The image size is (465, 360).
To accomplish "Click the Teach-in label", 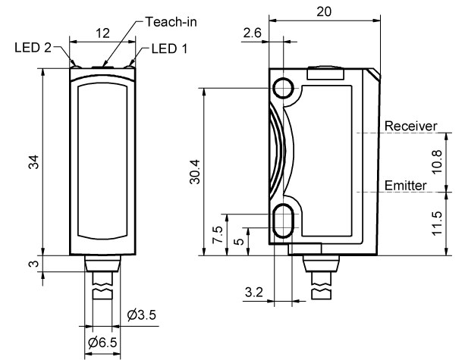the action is tap(171, 22).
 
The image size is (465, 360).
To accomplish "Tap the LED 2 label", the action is tap(33, 48).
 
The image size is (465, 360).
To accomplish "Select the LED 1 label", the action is tap(169, 49).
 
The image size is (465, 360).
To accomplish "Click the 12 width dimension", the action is tap(102, 33).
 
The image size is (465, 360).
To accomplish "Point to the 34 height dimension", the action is tap(34, 161).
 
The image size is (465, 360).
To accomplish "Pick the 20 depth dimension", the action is tap(324, 11).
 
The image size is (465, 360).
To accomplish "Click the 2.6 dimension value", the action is tap(252, 33).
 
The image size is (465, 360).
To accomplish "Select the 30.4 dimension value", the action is tap(195, 172).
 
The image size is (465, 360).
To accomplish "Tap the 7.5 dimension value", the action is tap(218, 235).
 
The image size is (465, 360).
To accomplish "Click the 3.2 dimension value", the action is tap(254, 293).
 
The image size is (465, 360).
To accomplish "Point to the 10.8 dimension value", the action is tap(437, 162).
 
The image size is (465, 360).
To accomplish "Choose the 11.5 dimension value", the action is tap(437, 224).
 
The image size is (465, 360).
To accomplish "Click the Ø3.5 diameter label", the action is tap(141, 315).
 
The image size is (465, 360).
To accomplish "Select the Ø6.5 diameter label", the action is tap(102, 343).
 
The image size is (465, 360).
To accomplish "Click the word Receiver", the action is tap(410, 127).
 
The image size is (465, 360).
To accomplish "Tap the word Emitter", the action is tap(405, 186).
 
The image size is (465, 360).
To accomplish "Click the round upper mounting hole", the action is tap(283, 88).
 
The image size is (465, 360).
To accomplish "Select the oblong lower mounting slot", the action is tap(283, 221).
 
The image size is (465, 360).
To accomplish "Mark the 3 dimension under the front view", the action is tap(34, 264).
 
